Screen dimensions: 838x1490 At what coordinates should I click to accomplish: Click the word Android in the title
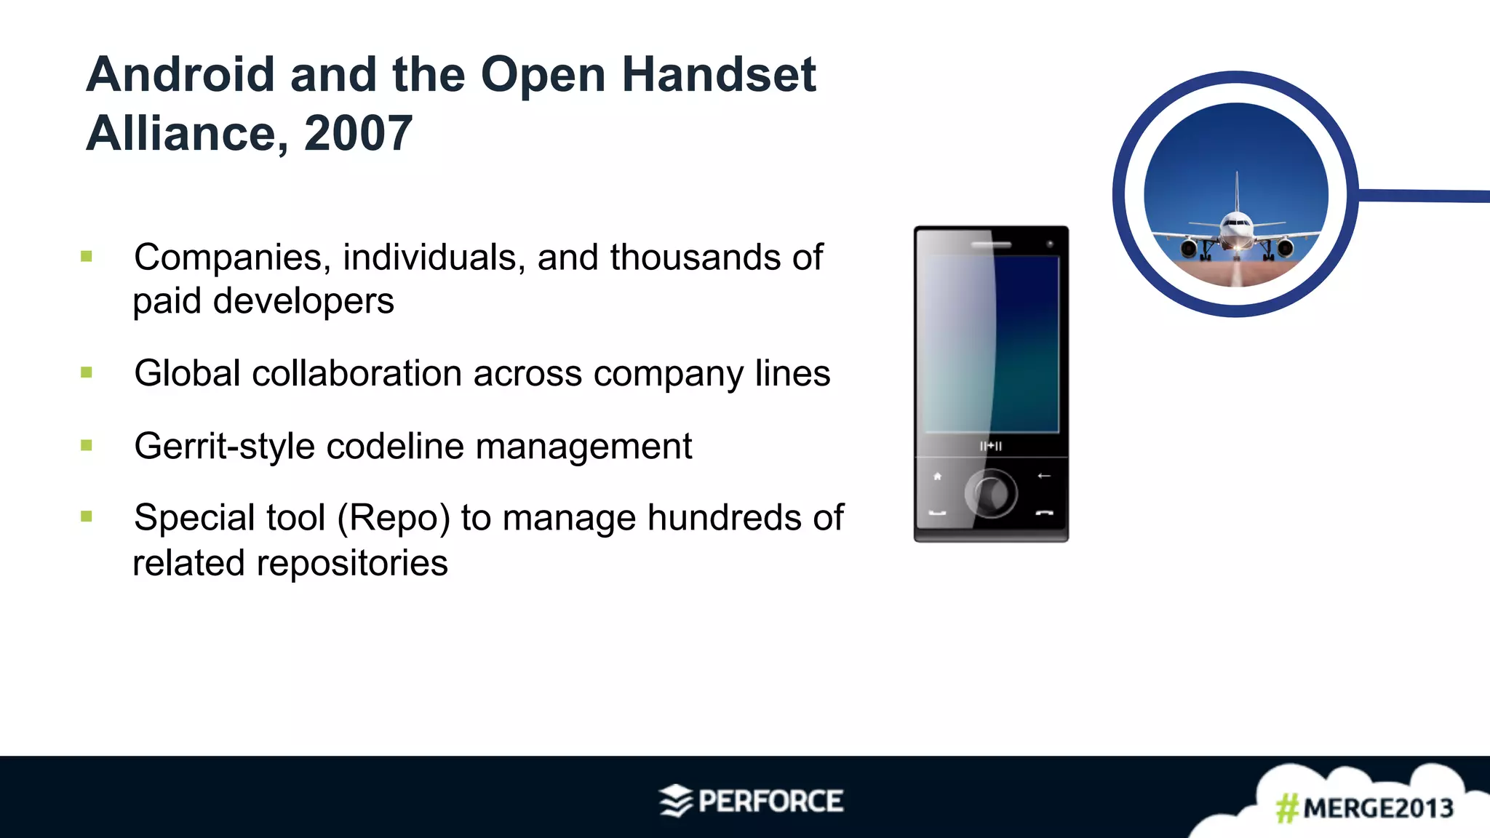(180, 75)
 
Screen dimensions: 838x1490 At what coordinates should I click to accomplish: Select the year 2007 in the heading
(358, 134)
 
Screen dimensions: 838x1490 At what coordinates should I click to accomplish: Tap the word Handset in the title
(719, 75)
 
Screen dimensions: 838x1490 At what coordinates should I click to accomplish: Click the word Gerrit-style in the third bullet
(224, 446)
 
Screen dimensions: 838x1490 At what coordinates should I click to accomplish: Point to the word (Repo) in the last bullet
(394, 518)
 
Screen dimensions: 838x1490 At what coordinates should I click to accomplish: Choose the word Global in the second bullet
(187, 374)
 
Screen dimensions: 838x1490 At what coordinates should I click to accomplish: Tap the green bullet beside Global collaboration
(87, 373)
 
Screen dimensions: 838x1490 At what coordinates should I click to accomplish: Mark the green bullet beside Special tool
(87, 517)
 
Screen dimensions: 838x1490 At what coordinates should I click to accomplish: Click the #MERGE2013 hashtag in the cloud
(1364, 808)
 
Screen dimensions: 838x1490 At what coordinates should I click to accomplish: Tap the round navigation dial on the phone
(990, 494)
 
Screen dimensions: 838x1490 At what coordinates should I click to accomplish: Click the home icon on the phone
(937, 476)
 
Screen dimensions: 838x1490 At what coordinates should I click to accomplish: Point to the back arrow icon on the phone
(1044, 476)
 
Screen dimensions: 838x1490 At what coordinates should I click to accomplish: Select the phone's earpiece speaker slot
(991, 244)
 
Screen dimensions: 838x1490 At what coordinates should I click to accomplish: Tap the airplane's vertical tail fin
(1237, 191)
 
